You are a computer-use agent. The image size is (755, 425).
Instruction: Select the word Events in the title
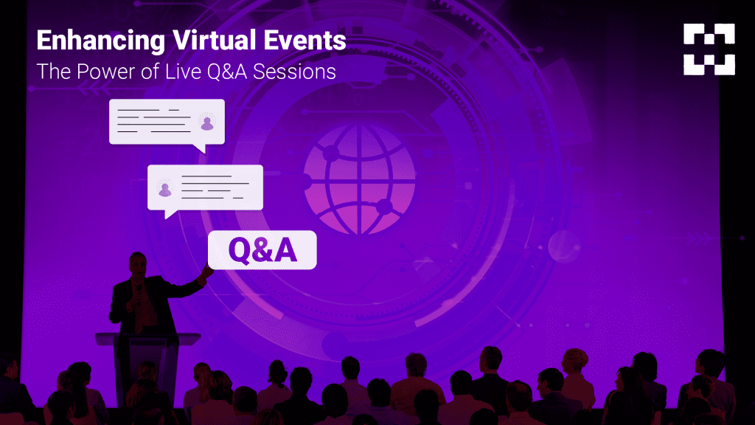point(305,40)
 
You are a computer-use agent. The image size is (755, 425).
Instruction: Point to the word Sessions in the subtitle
point(294,72)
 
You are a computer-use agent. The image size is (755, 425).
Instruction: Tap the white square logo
point(709,49)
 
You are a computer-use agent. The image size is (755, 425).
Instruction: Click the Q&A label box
point(262,249)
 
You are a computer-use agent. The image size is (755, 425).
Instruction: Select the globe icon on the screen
point(360,179)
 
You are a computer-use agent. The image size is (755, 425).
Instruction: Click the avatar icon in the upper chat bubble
point(207,123)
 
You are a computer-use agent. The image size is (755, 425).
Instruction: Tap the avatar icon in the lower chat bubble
point(165,190)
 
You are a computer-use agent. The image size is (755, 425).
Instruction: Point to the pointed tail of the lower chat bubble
point(166,218)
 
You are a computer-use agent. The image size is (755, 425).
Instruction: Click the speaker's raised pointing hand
point(207,272)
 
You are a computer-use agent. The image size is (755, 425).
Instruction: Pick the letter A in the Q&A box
point(285,249)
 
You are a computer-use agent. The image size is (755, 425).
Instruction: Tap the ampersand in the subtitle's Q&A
point(228,72)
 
